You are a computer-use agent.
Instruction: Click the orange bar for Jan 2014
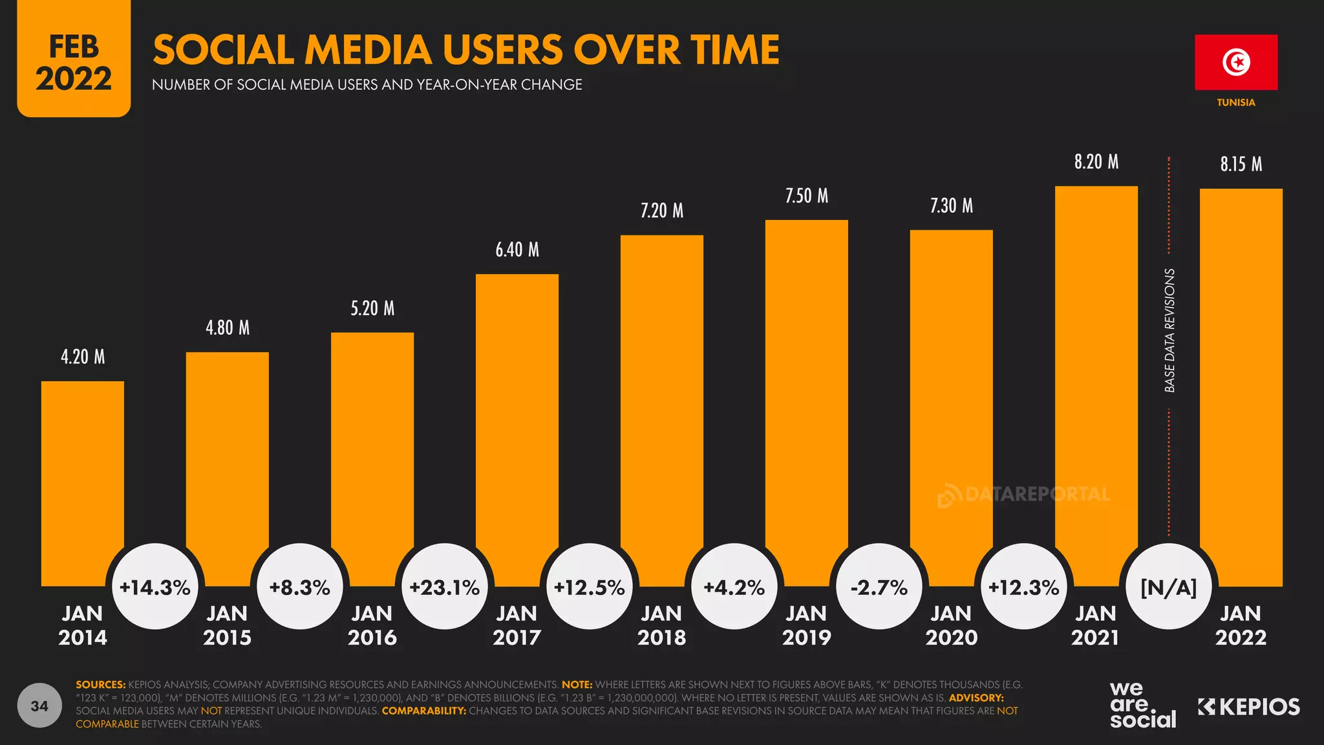83,479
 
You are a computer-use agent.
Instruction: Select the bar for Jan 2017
517,420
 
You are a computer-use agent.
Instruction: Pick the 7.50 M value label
806,196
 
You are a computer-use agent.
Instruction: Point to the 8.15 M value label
1241,164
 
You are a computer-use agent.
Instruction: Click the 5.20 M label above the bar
372,308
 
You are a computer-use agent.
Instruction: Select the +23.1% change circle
445,587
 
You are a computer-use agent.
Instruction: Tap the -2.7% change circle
879,587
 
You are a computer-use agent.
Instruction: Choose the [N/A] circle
1168,587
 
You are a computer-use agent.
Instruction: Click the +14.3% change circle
155,587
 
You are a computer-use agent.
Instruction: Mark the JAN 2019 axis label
806,625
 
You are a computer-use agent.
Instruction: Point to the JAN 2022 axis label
1241,625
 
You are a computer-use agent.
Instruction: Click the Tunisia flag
1235,62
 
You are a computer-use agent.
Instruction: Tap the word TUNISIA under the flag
1235,103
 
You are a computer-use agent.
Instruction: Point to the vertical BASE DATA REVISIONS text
1169,330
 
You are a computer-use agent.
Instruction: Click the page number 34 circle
39,706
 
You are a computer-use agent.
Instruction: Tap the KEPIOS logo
1248,707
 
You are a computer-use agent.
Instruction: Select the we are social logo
1142,706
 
